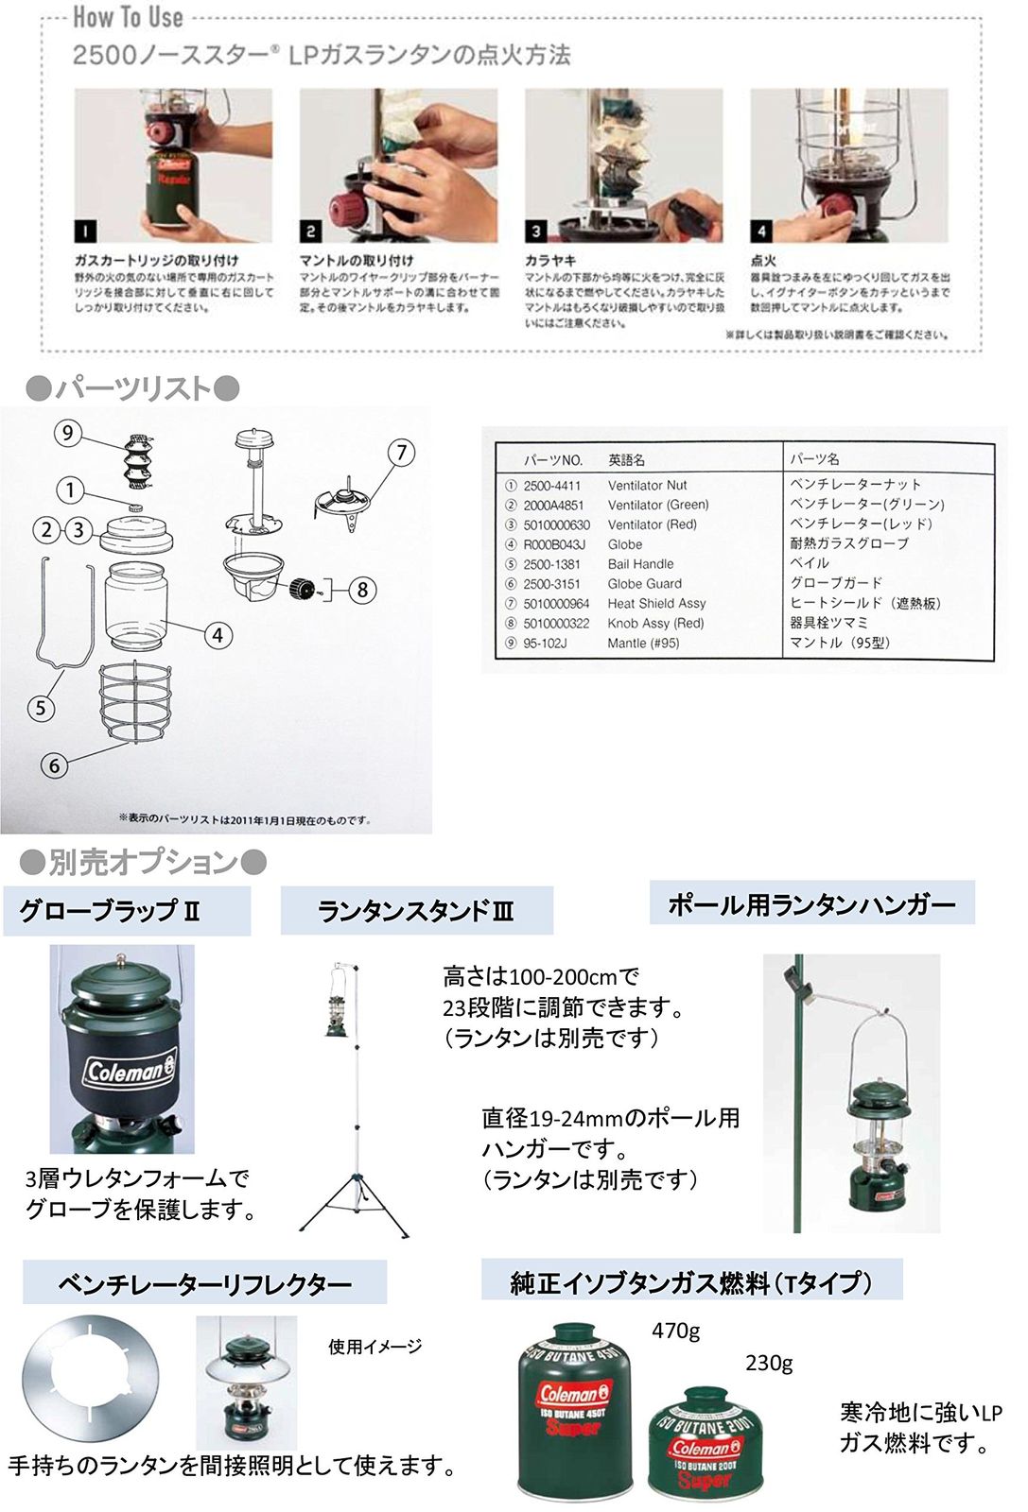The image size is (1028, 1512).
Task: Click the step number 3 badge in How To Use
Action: click(536, 231)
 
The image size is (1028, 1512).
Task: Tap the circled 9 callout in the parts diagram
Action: click(67, 433)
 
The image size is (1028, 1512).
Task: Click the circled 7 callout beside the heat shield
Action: click(401, 453)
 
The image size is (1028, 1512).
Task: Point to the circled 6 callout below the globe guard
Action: click(54, 765)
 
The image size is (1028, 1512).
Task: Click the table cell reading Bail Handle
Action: click(640, 564)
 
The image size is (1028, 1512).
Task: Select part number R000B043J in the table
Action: click(554, 544)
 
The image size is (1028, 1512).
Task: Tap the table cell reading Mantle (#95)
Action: click(643, 644)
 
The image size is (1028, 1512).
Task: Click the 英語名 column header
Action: click(626, 460)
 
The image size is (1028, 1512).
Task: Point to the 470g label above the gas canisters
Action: click(675, 1331)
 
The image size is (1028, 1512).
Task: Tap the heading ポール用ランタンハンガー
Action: click(811, 904)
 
